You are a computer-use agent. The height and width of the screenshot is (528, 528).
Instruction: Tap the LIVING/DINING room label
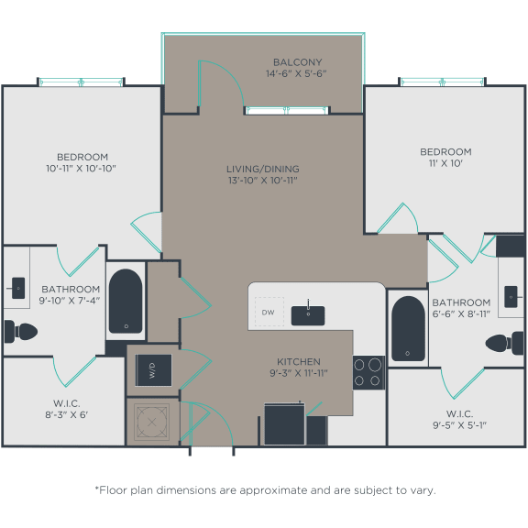(x=263, y=169)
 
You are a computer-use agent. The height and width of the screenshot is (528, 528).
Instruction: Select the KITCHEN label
(x=299, y=361)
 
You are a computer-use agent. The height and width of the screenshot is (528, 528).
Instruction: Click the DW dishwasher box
(x=269, y=312)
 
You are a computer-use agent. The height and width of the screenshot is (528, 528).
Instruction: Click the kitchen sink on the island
(x=309, y=314)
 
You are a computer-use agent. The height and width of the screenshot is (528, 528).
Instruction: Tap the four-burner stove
(x=368, y=372)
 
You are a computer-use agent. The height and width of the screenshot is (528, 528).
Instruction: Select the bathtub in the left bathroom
(x=126, y=301)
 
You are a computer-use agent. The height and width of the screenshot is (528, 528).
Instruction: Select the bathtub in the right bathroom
(x=405, y=327)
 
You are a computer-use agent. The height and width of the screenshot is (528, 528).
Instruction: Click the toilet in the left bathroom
(x=19, y=330)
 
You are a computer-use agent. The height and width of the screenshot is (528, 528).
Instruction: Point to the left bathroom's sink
(x=17, y=287)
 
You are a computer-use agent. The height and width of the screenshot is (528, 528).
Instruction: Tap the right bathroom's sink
(x=512, y=297)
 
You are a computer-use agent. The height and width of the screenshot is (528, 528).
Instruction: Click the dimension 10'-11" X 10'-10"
(x=81, y=169)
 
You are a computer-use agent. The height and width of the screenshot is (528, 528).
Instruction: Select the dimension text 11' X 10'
(x=445, y=163)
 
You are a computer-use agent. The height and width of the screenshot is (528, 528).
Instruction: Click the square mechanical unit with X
(x=150, y=422)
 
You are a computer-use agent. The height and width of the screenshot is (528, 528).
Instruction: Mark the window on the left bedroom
(x=80, y=82)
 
